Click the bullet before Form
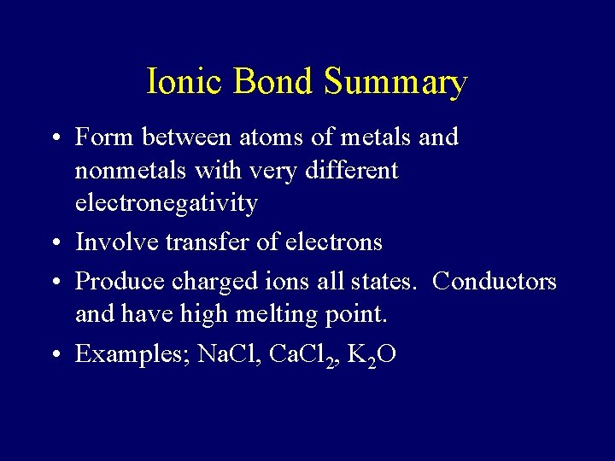pos(53,137)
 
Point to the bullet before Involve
pos(53,243)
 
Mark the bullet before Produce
pos(53,281)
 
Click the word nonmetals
pos(132,171)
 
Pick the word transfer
pos(207,242)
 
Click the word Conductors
pos(495,281)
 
